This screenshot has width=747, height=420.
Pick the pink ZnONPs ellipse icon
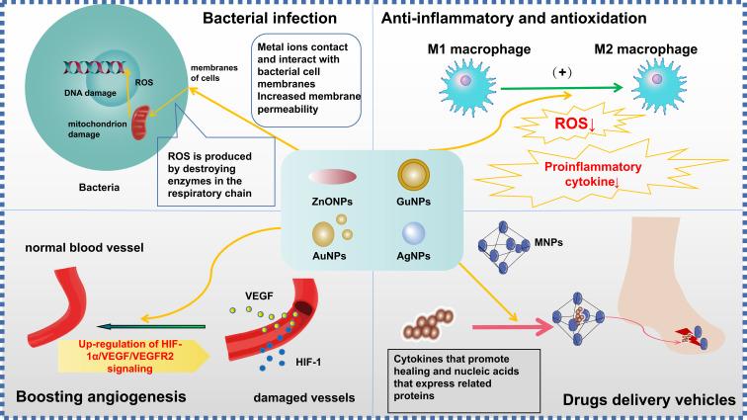[x=333, y=176]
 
